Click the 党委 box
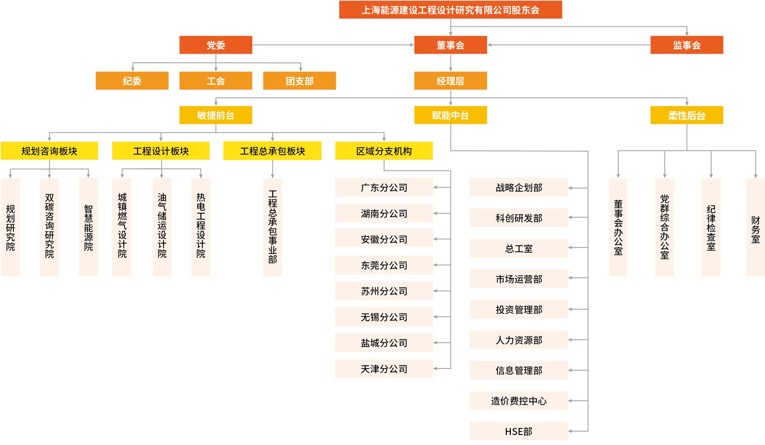coord(216,45)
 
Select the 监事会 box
coord(687,45)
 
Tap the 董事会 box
coord(450,45)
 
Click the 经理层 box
coord(450,81)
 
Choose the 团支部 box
coord(300,81)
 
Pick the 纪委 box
coord(132,81)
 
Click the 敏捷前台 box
coord(216,115)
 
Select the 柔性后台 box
coord(687,115)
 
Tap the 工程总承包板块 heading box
coord(272,151)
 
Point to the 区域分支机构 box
coord(384,151)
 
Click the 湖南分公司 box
coord(384,213)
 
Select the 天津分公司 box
coord(384,369)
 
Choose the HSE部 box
coord(519,431)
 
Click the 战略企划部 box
coord(519,187)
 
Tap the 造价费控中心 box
coord(519,400)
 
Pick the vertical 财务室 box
coord(755,227)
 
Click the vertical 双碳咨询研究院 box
coord(50,227)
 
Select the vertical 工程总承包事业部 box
coord(273,227)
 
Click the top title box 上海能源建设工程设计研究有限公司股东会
coord(450,10)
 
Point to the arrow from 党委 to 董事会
coord(333,45)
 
